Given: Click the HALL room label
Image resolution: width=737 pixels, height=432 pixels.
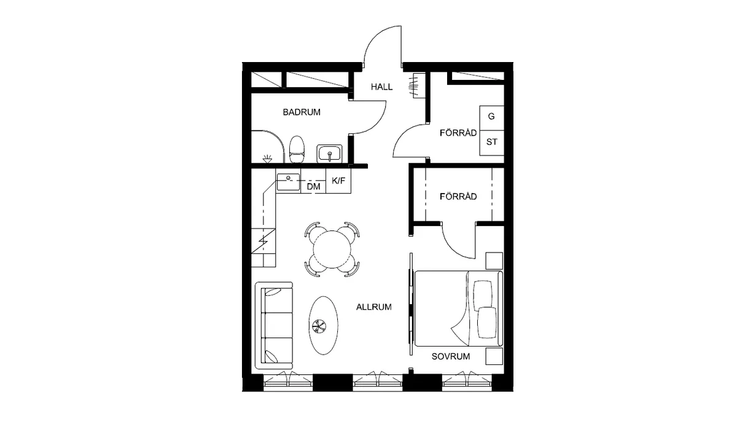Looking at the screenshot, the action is click(381, 87).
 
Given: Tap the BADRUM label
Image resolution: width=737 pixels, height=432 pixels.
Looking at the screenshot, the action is click(302, 112).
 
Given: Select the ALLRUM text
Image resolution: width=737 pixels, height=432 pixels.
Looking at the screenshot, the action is click(374, 307).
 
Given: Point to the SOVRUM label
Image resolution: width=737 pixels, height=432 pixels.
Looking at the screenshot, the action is click(451, 356).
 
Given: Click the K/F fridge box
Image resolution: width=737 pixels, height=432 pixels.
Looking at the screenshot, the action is click(338, 181).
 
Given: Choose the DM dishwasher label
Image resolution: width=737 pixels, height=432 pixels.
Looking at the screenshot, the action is click(314, 187).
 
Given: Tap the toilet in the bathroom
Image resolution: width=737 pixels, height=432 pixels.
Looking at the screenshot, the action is click(297, 149).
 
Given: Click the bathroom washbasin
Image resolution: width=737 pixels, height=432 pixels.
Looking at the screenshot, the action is click(329, 154).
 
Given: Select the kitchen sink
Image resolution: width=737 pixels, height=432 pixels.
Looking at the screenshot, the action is click(288, 182).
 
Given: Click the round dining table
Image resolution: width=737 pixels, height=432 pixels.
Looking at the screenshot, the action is click(332, 249).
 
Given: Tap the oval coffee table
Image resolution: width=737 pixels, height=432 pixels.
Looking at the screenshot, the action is click(324, 325).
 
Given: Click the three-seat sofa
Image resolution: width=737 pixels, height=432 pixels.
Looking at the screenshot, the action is click(274, 325).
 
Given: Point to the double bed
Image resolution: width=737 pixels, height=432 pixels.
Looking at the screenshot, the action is click(459, 308).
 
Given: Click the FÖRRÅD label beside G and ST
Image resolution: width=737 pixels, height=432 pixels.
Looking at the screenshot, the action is click(458, 133).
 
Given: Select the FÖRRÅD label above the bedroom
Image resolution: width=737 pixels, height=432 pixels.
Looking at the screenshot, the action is click(458, 197).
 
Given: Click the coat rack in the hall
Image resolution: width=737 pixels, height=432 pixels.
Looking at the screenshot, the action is click(416, 85).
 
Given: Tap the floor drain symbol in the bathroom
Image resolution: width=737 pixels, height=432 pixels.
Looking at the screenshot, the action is click(267, 159).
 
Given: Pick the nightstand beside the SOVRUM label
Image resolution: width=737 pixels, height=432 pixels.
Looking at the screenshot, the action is click(494, 356).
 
